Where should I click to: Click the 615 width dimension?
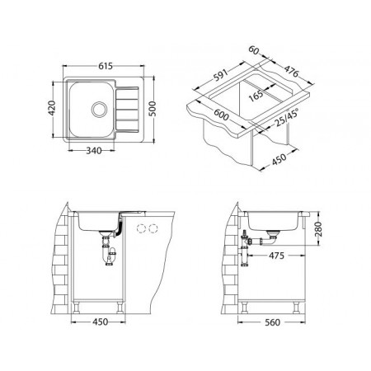[x=106, y=66]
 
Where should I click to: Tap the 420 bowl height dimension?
[x=52, y=108]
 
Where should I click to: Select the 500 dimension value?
[x=153, y=109]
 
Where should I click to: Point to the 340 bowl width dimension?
[x=94, y=151]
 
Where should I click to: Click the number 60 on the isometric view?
[x=254, y=50]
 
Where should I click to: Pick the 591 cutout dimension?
[x=221, y=75]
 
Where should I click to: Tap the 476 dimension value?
[x=291, y=72]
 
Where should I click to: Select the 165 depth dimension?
[x=256, y=96]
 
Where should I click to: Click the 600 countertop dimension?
[x=221, y=115]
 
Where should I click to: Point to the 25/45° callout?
[x=287, y=117]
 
